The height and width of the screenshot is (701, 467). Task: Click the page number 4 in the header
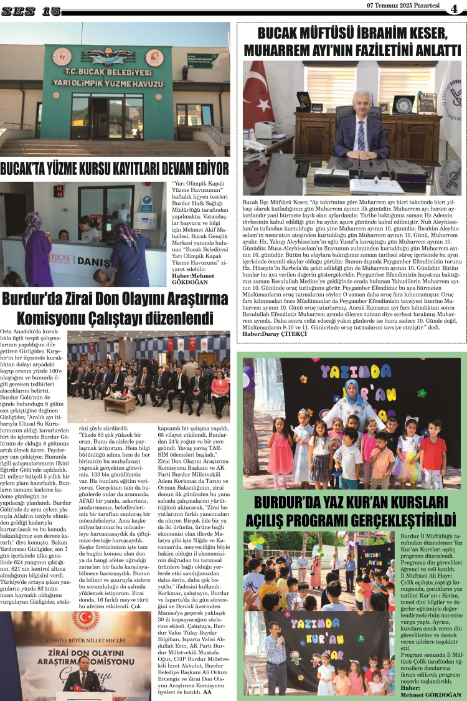454,8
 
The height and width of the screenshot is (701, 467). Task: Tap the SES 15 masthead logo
31,11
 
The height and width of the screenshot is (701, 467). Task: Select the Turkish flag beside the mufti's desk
257,100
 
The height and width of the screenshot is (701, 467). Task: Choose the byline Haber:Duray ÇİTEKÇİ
274,334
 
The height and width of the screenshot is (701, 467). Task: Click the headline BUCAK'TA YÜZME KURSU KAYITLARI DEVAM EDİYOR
115,169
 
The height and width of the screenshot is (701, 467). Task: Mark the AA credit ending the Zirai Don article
207,691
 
